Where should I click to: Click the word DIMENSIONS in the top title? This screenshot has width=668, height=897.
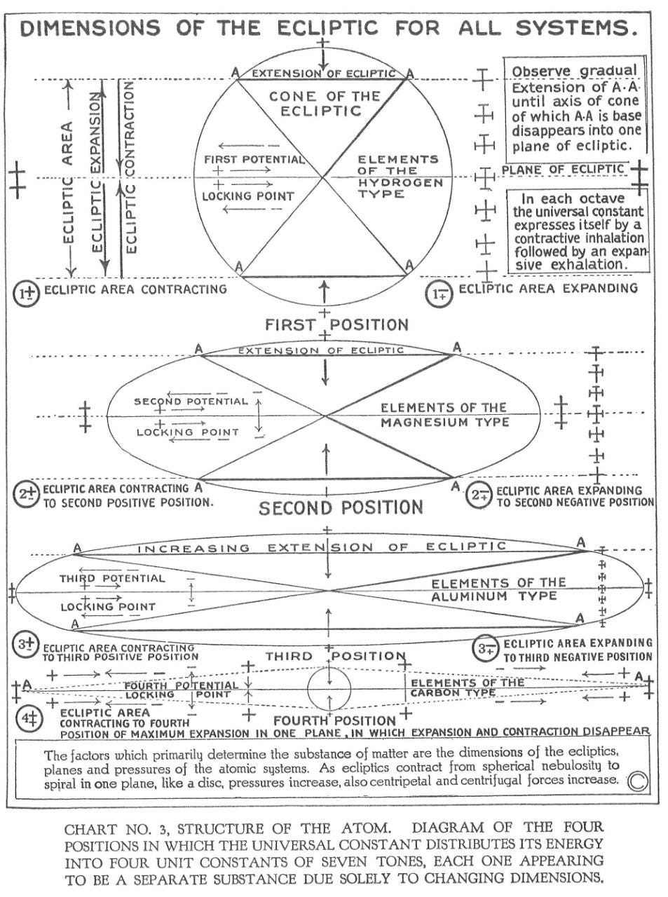[91, 29]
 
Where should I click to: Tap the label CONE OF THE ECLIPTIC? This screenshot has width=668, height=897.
[325, 103]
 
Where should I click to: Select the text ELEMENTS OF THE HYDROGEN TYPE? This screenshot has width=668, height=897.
[400, 176]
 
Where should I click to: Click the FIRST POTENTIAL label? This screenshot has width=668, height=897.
[254, 159]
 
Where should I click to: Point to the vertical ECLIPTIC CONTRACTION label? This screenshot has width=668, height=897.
[131, 166]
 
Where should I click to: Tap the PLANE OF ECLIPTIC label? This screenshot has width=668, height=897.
[562, 169]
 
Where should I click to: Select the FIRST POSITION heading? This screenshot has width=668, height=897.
[336, 324]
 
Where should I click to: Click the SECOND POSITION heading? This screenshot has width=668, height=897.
[341, 507]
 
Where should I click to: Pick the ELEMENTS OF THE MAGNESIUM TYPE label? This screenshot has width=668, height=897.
[444, 415]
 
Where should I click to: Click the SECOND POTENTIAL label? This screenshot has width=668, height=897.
[191, 402]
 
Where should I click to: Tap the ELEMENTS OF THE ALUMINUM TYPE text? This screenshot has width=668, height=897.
[498, 589]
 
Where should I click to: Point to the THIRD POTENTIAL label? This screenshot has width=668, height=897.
[112, 578]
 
